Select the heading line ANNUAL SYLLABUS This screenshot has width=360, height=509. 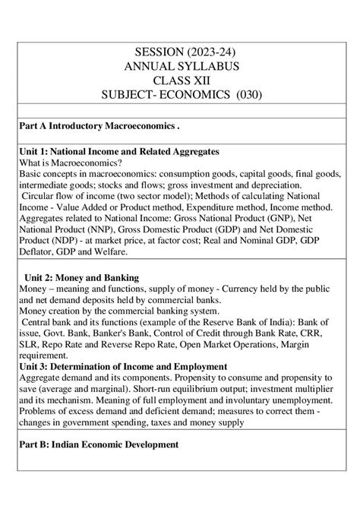click(x=180, y=67)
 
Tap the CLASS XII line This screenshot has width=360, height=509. click(x=180, y=81)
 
